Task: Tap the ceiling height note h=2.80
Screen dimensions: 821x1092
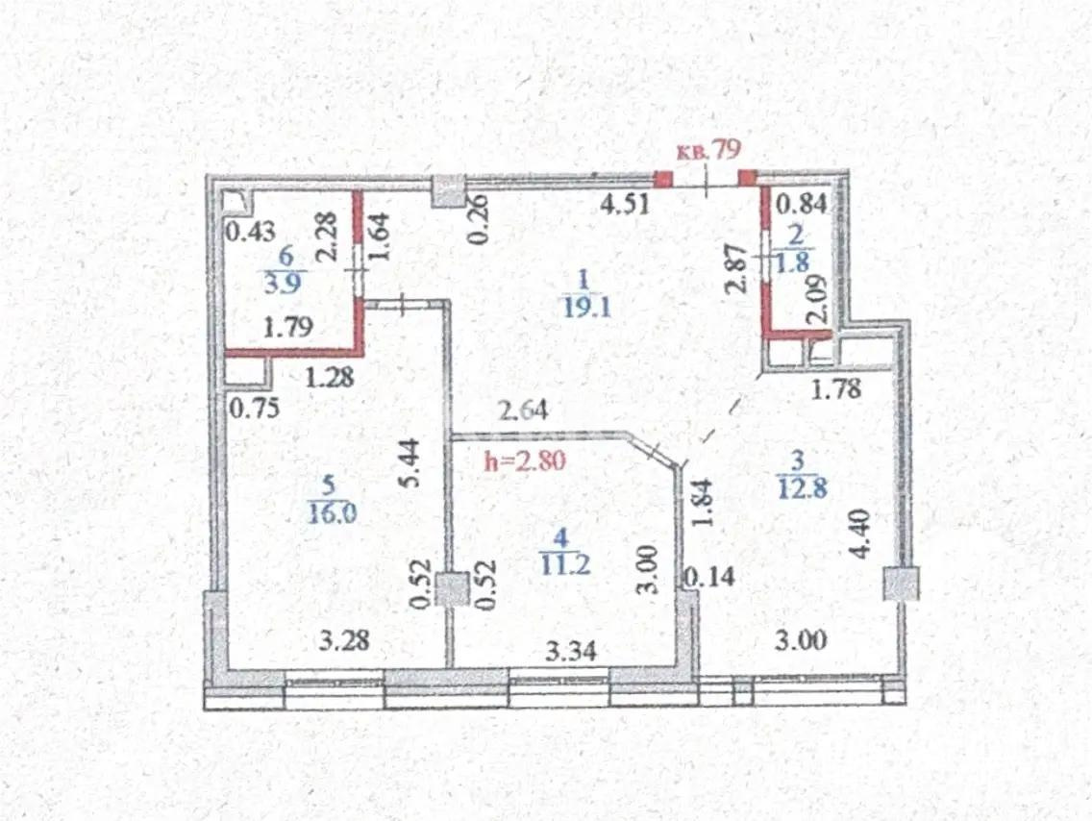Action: [526, 460]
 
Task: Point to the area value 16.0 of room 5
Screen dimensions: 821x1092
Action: [333, 512]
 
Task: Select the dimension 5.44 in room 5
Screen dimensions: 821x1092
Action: [411, 464]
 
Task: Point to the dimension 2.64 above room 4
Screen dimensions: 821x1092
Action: [522, 412]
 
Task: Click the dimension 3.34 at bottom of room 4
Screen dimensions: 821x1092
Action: [571, 651]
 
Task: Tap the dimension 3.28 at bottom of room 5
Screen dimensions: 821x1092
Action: [343, 639]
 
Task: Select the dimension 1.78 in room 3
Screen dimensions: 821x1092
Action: [836, 389]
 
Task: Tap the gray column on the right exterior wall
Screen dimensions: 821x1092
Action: [902, 584]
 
